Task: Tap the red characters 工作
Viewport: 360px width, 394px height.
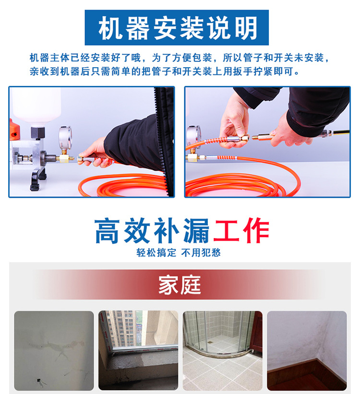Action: pos(241,230)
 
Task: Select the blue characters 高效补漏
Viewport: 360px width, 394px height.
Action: pos(152,230)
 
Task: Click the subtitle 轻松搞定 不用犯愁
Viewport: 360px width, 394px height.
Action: pos(179,252)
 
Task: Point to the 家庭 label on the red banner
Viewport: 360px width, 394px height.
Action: pos(180,285)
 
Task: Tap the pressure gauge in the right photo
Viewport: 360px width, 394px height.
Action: pos(193,137)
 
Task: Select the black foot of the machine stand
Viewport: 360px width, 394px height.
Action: pos(38,178)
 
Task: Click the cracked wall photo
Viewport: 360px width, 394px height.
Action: pos(54,351)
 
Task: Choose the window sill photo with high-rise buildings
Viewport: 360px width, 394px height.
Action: pos(138,351)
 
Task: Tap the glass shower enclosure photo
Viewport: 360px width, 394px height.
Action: pos(223,351)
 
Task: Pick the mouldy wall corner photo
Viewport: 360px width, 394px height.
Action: pos(307,351)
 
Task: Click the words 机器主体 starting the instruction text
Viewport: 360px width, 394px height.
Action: pos(49,58)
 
